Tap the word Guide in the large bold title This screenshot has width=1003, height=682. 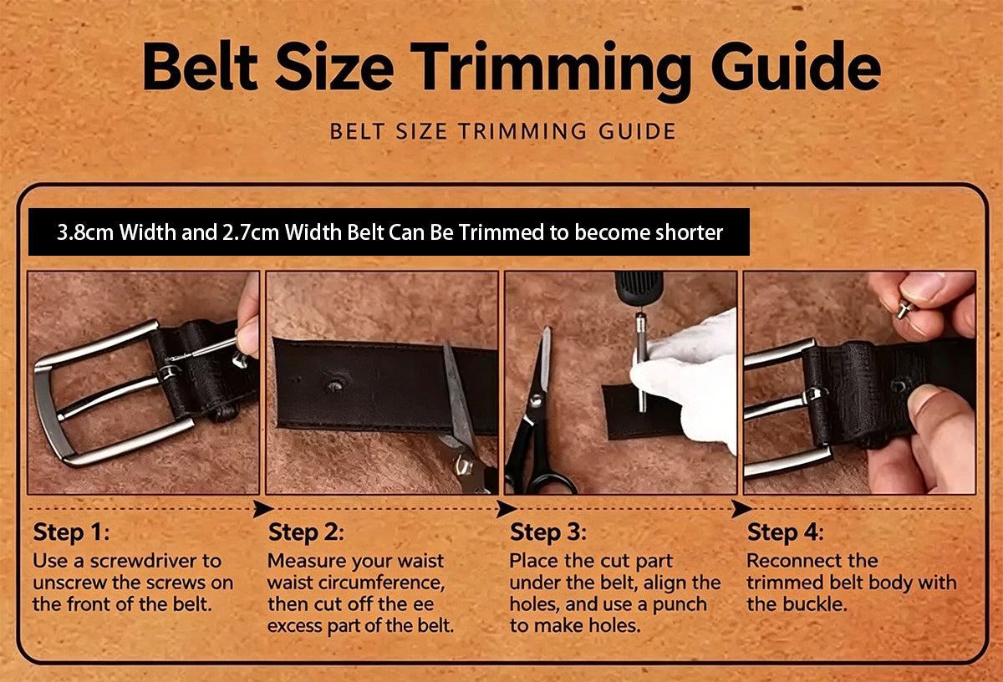pyautogui.click(x=796, y=66)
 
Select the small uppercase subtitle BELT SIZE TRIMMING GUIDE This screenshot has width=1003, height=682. pyautogui.click(x=502, y=131)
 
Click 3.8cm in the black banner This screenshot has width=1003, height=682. pyautogui.click(x=85, y=232)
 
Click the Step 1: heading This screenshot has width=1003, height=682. pyautogui.click(x=71, y=532)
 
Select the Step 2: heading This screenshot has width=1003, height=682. pyautogui.click(x=306, y=532)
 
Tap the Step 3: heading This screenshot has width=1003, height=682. pyautogui.click(x=548, y=532)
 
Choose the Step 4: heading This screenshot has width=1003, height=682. pyautogui.click(x=785, y=532)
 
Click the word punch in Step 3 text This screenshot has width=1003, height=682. pyautogui.click(x=680, y=605)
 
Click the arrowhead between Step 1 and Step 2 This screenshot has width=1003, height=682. pyautogui.click(x=263, y=509)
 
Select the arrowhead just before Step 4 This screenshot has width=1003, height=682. pyautogui.click(x=741, y=509)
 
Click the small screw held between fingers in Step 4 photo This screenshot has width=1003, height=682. pyautogui.click(x=905, y=309)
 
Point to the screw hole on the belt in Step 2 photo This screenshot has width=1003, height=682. pyautogui.click(x=335, y=385)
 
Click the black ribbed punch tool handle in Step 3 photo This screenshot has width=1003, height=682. pyautogui.click(x=639, y=288)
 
